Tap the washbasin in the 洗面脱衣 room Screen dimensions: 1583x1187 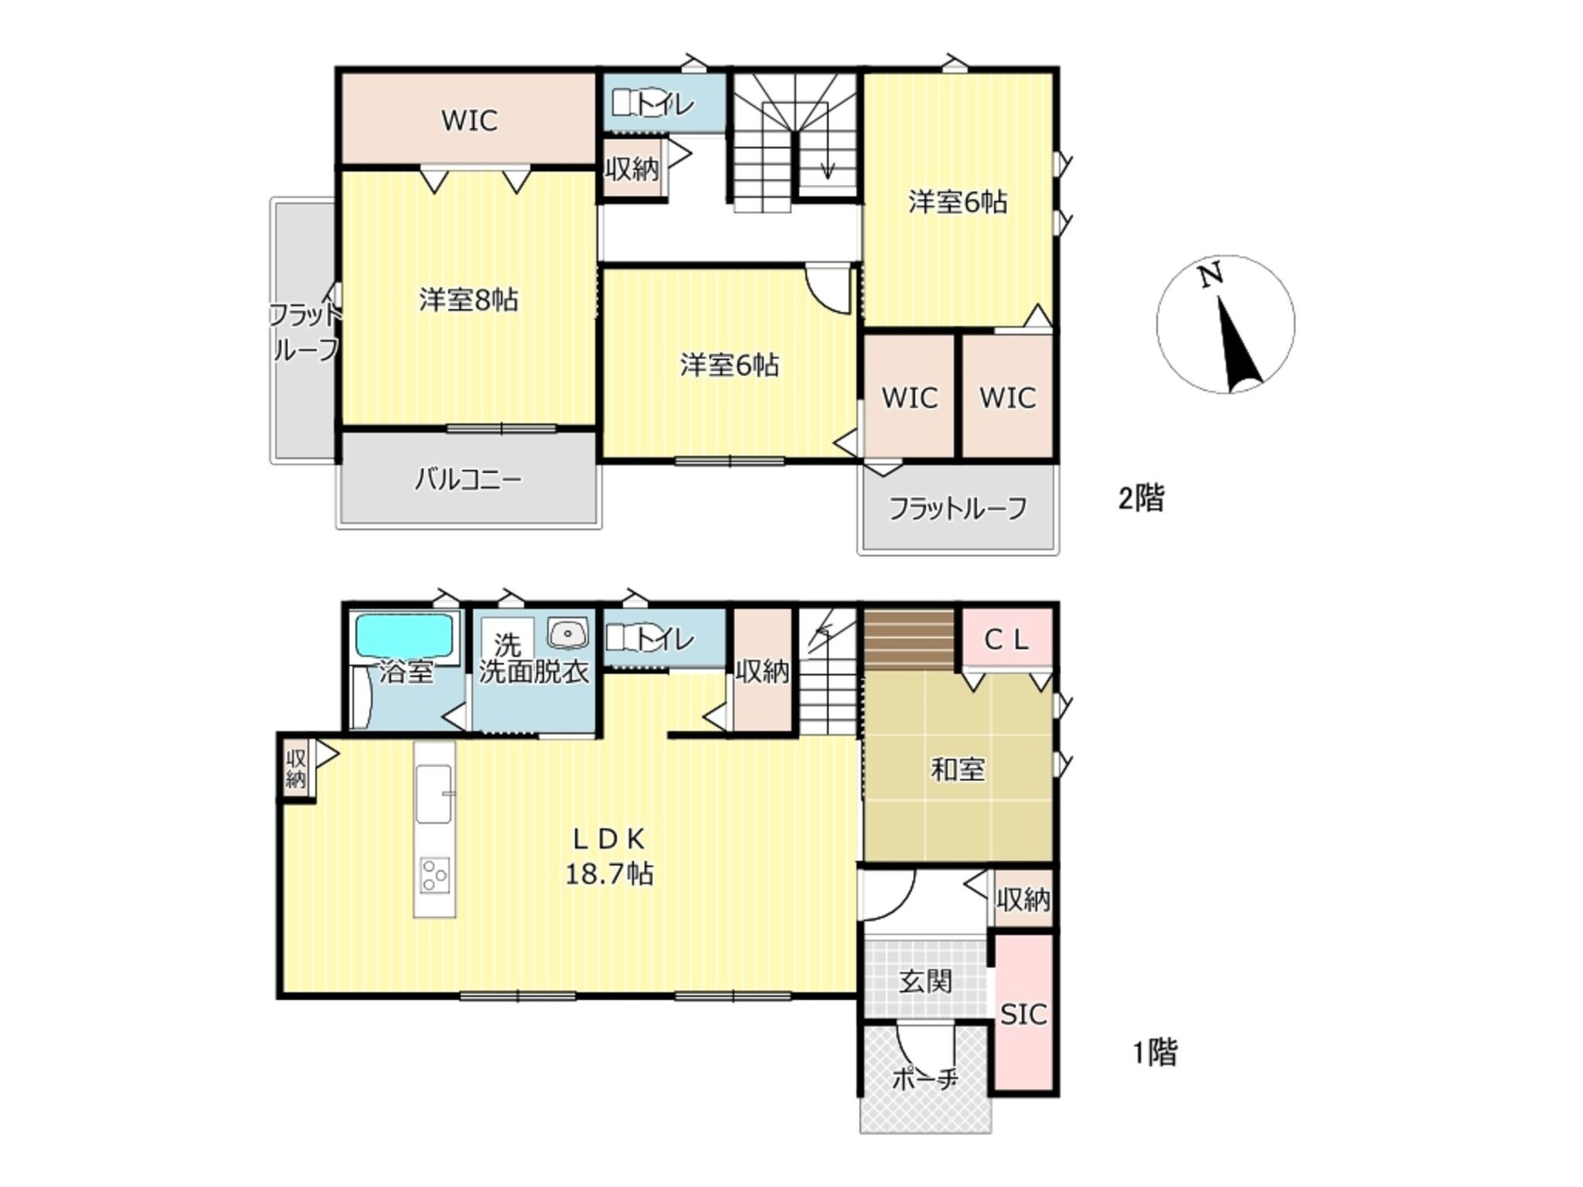tap(568, 634)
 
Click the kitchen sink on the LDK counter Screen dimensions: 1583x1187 tap(434, 794)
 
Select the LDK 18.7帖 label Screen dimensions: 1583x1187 tap(610, 856)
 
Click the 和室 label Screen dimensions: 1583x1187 tap(958, 770)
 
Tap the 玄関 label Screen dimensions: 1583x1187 tap(925, 981)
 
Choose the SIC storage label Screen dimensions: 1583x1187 tap(1023, 1014)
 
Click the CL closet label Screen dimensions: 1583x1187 tap(1007, 639)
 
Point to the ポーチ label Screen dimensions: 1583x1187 tap(925, 1078)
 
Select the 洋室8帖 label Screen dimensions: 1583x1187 tap(468, 300)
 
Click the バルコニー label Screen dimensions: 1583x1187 tap(468, 480)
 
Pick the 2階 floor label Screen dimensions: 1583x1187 tap(1141, 498)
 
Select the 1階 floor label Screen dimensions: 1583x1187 tap(1155, 1053)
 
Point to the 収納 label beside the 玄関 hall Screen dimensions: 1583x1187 tap(1023, 899)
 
